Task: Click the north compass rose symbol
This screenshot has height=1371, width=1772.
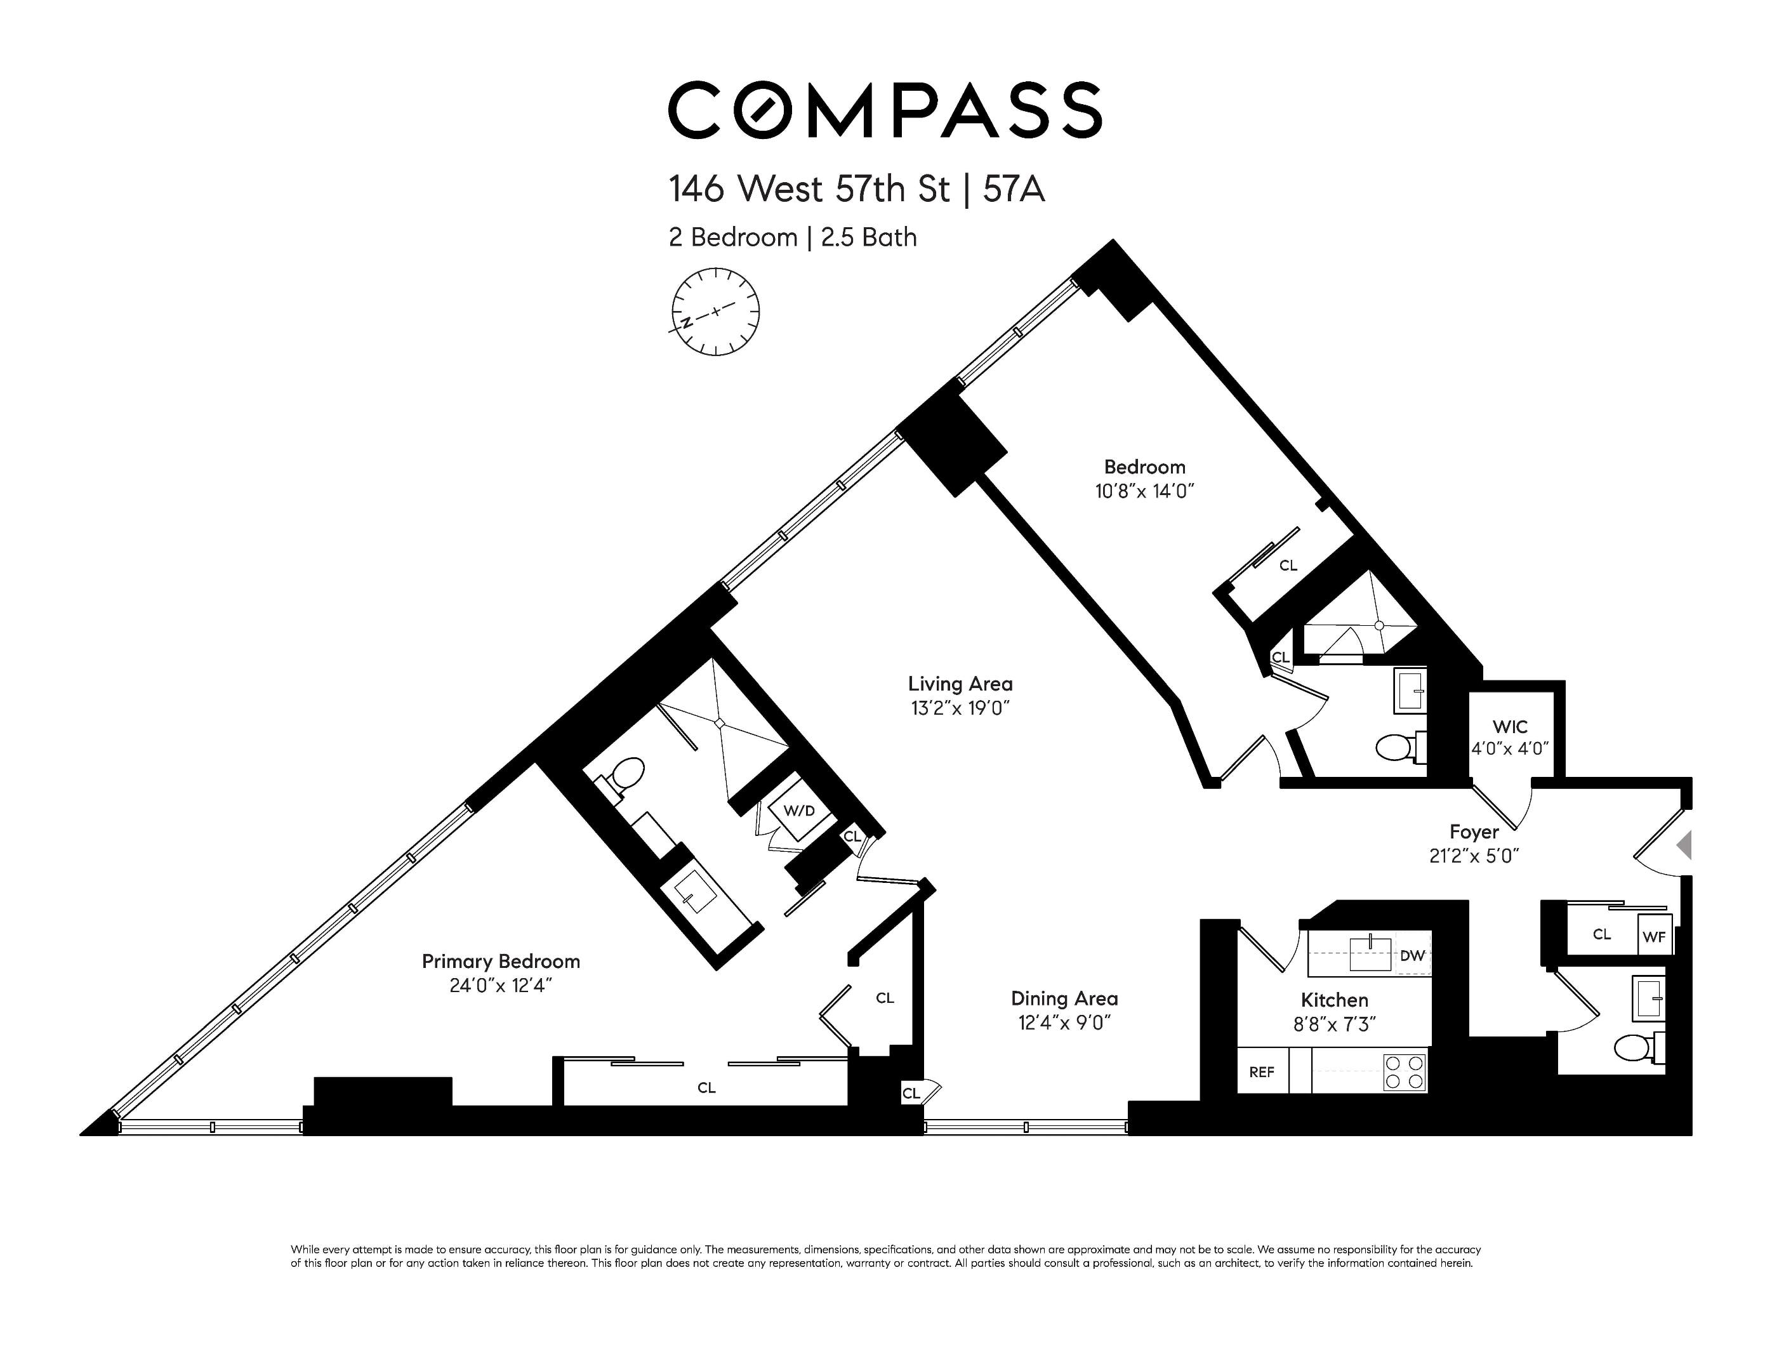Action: click(715, 312)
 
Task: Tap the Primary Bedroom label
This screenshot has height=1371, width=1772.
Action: click(501, 962)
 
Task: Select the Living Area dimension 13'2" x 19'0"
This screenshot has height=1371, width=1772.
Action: click(960, 708)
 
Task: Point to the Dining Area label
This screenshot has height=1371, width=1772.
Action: click(1064, 998)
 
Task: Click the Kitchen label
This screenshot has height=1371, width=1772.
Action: click(1335, 1000)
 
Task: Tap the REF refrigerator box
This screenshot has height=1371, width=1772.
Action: click(1262, 1071)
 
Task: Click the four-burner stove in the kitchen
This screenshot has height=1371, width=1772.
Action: click(1405, 1071)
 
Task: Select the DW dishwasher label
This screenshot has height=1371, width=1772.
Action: click(1413, 956)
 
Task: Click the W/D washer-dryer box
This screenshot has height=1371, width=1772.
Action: click(799, 811)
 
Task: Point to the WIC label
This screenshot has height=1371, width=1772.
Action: click(1510, 727)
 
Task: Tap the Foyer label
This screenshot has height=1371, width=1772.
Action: click(1474, 832)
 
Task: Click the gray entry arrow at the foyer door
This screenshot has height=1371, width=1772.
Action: click(1684, 845)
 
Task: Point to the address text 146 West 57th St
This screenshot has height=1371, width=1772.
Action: click(809, 190)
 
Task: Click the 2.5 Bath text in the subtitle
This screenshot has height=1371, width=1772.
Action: click(869, 237)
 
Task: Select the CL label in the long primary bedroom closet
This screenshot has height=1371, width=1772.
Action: click(706, 1088)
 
